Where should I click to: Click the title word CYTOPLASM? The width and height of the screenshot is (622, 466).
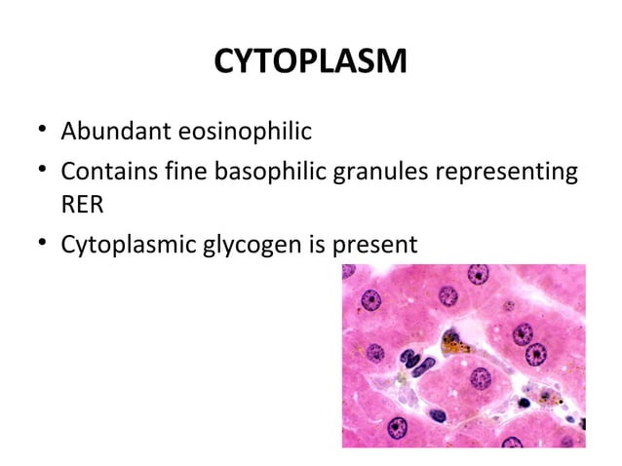(x=310, y=64)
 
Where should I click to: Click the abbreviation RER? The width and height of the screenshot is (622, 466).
(x=83, y=205)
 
